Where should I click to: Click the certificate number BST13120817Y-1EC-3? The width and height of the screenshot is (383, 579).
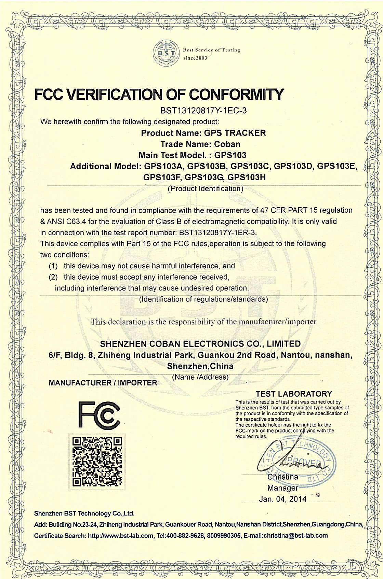[x=203, y=111]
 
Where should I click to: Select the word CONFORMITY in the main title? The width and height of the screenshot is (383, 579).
[x=237, y=94]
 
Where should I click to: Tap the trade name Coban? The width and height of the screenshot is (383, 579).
[x=227, y=144]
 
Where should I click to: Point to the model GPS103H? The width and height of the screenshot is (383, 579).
[x=246, y=177]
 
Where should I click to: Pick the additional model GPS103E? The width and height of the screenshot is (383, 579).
[x=337, y=166]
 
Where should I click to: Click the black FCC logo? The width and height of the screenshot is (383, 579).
[x=99, y=415]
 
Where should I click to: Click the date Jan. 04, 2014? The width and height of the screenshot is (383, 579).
[x=282, y=499]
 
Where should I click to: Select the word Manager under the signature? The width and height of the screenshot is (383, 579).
[x=282, y=488]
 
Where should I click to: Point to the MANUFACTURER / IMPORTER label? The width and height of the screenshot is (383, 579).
[x=103, y=383]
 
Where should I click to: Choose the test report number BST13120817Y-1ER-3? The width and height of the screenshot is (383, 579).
[x=217, y=233]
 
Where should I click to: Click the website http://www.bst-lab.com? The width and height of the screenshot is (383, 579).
[x=120, y=536]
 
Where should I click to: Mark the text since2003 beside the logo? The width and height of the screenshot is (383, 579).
[x=195, y=58]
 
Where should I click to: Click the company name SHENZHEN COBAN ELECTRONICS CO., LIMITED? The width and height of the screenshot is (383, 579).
[x=200, y=343]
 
